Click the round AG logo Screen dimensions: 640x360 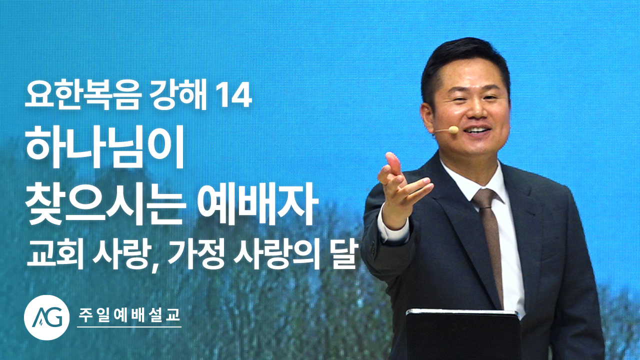[47, 317]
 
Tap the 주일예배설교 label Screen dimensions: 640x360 [129, 315]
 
